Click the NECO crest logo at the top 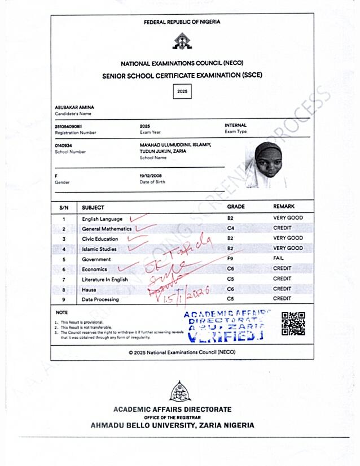[181, 41]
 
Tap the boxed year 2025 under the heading [182, 91]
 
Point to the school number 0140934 [63, 145]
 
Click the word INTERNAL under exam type [235, 125]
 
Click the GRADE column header [236, 207]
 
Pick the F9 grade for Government [230, 259]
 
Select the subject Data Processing [100, 299]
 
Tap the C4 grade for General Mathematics [230, 228]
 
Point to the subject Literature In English [105, 280]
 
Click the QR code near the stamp [293, 324]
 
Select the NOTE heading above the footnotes [62, 312]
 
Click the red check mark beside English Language [138, 217]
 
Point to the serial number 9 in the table [64, 299]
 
